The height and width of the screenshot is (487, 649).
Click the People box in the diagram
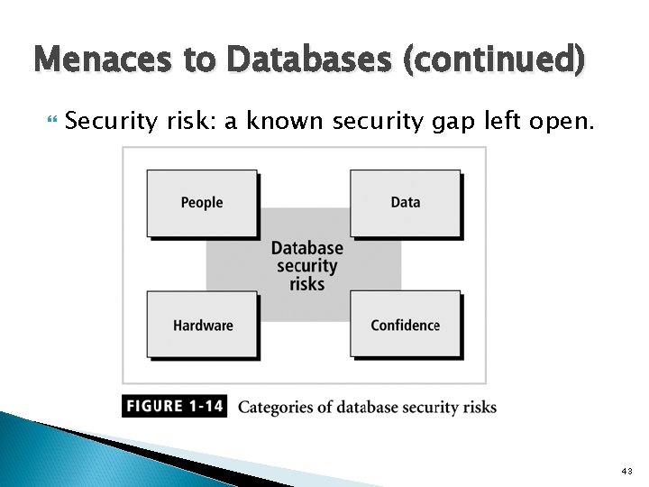pos(202,203)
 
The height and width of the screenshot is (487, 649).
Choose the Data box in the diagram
pos(405,203)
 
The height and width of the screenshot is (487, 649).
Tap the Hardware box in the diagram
pos(202,326)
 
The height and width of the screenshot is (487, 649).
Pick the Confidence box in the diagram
pos(405,326)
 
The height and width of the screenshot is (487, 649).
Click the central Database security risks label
pos(306,265)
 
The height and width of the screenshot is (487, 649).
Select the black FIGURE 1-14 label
pos(174,406)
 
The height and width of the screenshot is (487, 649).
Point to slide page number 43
pos(627,472)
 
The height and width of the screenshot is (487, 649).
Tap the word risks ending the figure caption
pos(478,407)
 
